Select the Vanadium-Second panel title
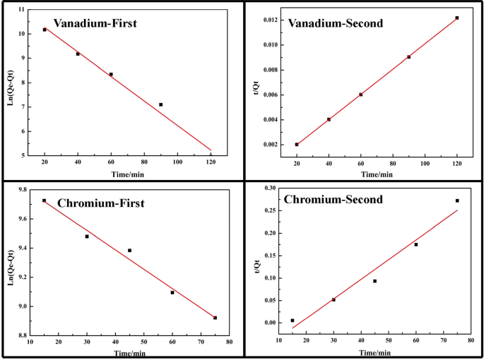tap(336, 23)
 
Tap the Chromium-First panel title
tap(101, 204)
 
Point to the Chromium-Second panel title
tap(334, 200)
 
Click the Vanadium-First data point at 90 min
tap(161, 104)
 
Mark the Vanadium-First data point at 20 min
tap(44, 30)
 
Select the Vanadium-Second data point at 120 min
tap(457, 18)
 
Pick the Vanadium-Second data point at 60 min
tap(360, 95)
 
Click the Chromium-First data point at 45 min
tap(129, 251)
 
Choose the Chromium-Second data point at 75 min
tap(457, 200)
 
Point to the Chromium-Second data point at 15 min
tap(293, 320)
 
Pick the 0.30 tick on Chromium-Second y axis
tap(268, 188)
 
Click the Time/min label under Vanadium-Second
tap(377, 174)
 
